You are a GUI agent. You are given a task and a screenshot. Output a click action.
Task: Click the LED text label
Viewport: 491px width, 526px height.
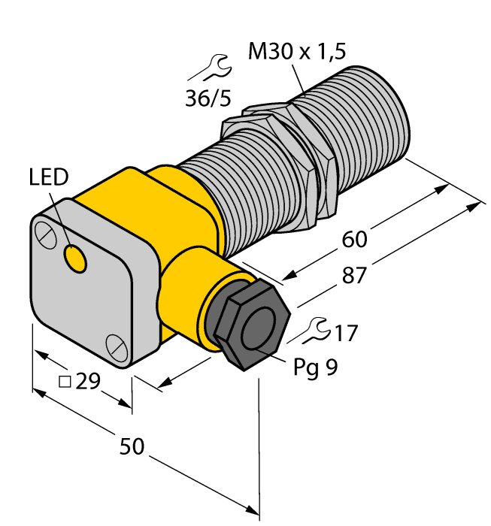49,177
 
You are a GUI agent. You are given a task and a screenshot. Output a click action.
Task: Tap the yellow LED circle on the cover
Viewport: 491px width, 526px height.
75,259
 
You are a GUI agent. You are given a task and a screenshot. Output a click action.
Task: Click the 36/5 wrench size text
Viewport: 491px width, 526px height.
207,98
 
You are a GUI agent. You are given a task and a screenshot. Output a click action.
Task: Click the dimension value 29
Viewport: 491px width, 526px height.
89,382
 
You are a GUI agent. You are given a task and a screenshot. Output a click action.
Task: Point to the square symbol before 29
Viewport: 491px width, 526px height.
65,382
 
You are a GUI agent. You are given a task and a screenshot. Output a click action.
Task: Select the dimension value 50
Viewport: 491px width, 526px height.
132,447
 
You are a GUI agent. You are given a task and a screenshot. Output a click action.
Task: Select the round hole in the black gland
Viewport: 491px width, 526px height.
257,328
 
